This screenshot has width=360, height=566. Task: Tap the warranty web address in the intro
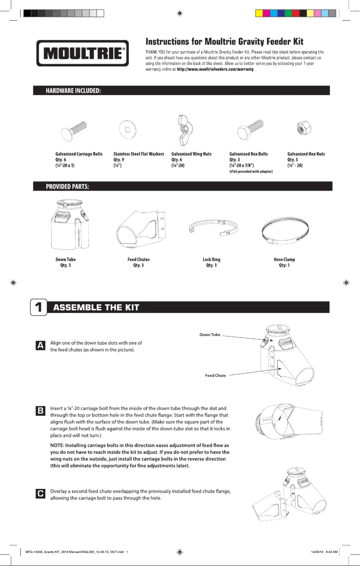click(215, 69)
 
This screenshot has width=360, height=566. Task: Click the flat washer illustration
click(127, 130)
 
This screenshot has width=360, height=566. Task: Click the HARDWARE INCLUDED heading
click(74, 91)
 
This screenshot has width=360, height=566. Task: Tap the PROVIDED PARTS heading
click(67, 187)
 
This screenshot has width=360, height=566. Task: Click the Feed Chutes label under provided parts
click(139, 260)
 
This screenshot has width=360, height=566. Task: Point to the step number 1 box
click(38, 307)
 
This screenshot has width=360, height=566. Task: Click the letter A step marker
click(40, 345)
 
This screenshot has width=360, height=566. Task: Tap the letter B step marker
click(40, 411)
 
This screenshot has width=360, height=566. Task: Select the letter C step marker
click(40, 494)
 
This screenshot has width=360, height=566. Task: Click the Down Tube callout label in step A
click(210, 335)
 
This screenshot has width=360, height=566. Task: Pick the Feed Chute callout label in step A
click(215, 375)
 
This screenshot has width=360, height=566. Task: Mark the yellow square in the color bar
click(259, 13)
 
